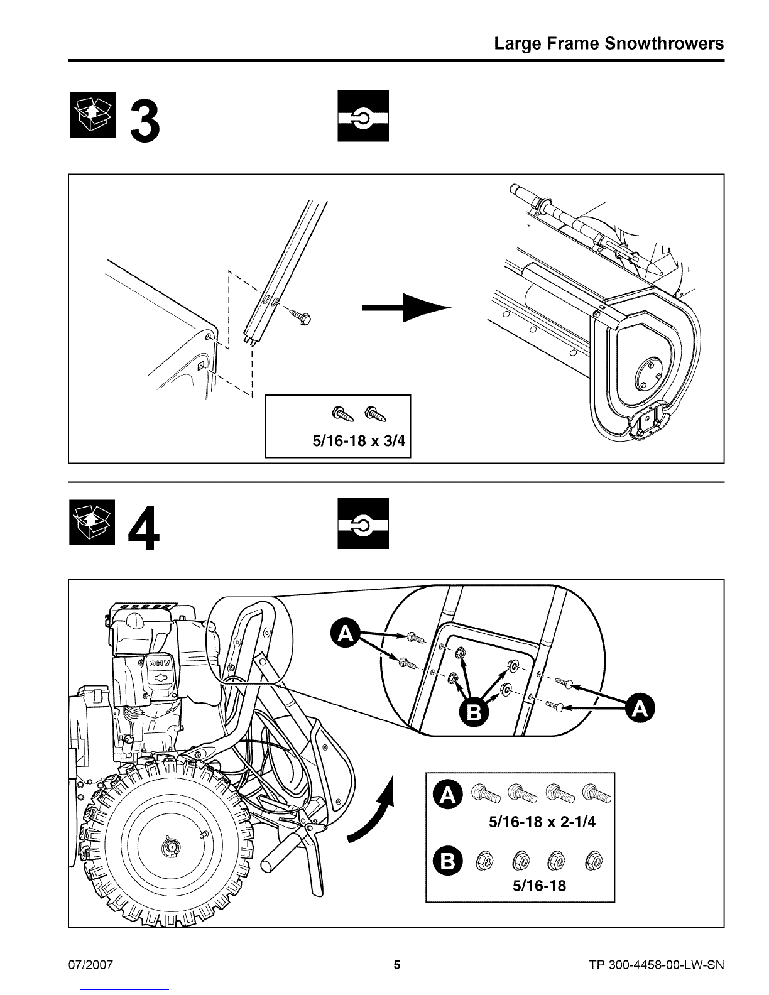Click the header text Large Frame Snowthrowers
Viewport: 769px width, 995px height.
pyautogui.click(x=609, y=43)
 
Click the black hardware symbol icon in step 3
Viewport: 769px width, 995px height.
pyautogui.click(x=363, y=116)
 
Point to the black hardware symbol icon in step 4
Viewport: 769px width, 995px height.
pyautogui.click(x=363, y=523)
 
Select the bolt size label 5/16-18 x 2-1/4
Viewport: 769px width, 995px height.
pyautogui.click(x=541, y=822)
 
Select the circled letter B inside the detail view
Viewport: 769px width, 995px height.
pyautogui.click(x=474, y=712)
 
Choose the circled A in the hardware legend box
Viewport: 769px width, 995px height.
pyautogui.click(x=448, y=795)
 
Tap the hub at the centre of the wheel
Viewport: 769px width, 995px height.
pyautogui.click(x=170, y=847)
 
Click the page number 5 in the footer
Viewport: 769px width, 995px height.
pyautogui.click(x=396, y=965)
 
